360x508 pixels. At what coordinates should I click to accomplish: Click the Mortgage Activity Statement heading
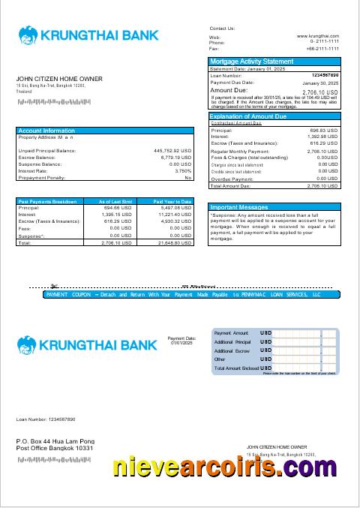pos(252,62)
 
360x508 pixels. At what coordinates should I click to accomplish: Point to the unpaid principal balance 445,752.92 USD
pos(172,151)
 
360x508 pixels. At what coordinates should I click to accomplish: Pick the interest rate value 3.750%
pos(183,171)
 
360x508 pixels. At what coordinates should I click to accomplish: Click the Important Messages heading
pos(239,207)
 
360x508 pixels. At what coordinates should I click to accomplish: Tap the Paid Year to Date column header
pos(172,202)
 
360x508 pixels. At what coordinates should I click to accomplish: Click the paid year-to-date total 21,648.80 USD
pos(174,243)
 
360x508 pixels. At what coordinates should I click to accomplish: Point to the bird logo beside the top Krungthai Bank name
pos(28,35)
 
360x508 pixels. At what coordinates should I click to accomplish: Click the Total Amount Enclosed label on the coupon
pos(235,368)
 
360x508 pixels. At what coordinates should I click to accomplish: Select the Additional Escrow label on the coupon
pos(232,350)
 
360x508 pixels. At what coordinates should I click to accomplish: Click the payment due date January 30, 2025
pos(320,83)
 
